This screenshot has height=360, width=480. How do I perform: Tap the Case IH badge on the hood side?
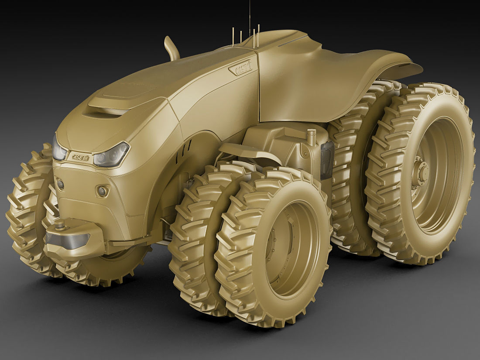click(x=241, y=68)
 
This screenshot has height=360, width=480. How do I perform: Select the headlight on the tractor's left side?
click(x=112, y=155)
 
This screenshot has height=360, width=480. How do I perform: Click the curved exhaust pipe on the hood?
click(x=171, y=48)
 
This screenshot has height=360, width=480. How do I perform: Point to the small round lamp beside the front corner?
click(x=103, y=191)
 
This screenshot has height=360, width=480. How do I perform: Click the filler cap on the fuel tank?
click(x=311, y=137)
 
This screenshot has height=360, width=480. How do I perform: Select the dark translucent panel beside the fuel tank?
click(x=327, y=159)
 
